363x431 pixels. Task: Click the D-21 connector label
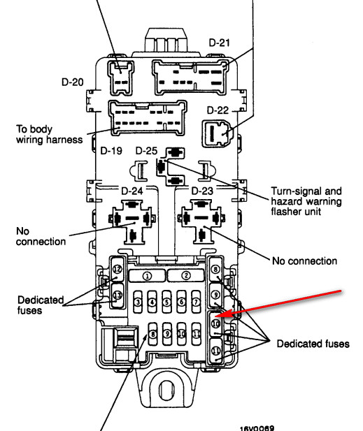coord(219,43)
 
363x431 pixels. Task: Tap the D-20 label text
coord(72,82)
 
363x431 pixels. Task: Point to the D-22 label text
coord(218,110)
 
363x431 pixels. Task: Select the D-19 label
coord(111,151)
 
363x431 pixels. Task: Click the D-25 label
coord(146,151)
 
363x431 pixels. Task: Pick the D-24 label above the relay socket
coord(132,191)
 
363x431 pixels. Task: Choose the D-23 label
coord(202,191)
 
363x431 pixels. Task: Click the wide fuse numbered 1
coord(147,276)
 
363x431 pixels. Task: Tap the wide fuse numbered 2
coord(186,275)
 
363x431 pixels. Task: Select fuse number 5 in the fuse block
coord(166,302)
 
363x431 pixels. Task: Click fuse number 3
coord(138,302)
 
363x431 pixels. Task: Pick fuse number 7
coord(196,302)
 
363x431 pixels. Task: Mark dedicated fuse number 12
coord(118,269)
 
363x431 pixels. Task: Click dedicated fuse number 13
coord(118,295)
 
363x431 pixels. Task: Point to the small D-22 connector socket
coord(218,133)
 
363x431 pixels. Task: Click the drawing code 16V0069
coord(257,428)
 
